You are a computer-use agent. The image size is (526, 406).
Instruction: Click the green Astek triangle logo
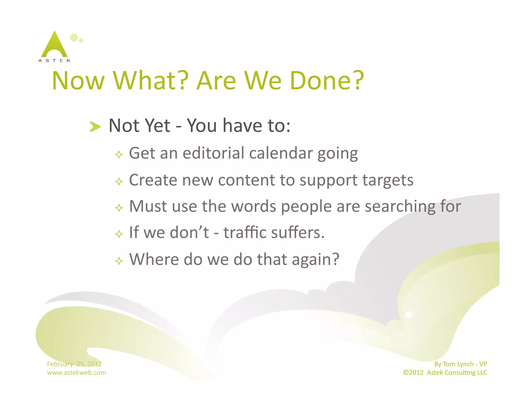54,46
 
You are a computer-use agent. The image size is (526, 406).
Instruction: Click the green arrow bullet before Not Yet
95,127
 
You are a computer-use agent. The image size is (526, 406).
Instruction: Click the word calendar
281,153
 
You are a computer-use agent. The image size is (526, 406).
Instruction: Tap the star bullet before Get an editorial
119,155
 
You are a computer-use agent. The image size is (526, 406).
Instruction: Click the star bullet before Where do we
119,261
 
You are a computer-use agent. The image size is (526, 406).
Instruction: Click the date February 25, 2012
74,364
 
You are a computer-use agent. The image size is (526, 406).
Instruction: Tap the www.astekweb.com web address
76,372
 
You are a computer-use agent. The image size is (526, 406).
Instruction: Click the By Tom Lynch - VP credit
460,364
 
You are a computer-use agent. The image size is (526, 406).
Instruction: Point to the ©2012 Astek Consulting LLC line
445,372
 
